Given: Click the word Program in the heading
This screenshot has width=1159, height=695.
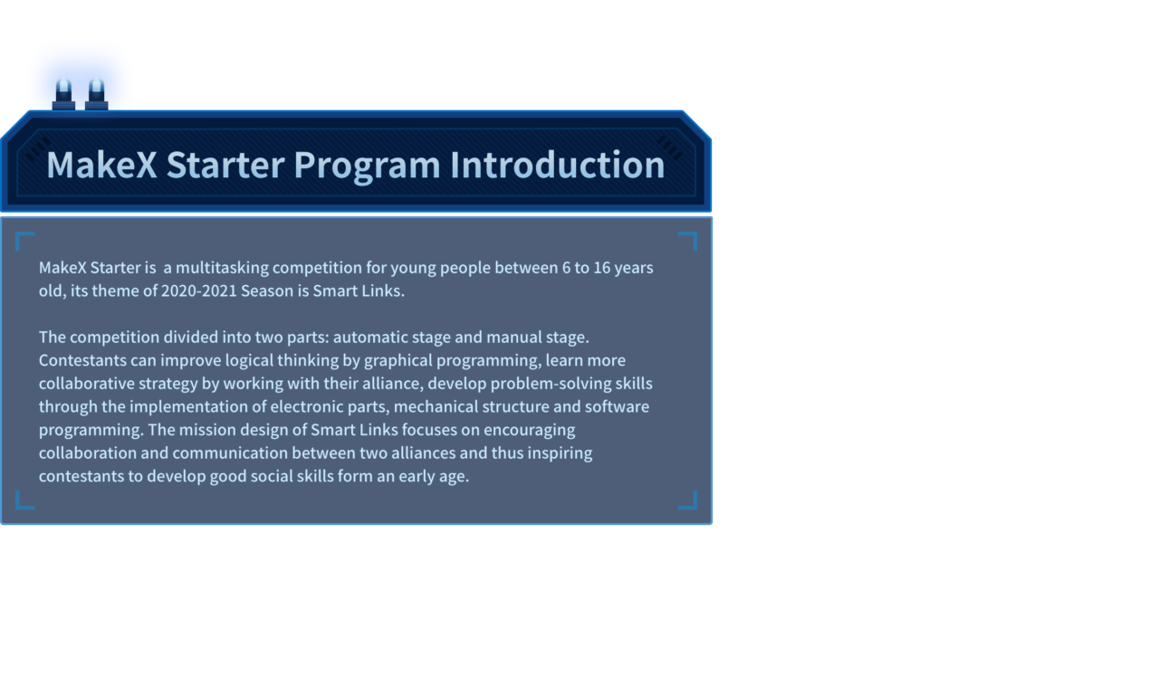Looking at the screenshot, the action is point(367,167).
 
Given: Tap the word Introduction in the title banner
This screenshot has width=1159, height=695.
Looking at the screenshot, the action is point(557,165).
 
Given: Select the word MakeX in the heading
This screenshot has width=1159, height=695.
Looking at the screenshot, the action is point(101,165).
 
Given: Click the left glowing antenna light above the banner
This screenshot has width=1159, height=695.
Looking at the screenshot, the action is point(63,93).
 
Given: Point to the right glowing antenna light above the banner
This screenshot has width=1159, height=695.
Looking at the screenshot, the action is point(97,93).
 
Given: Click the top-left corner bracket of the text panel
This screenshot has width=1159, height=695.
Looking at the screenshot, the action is point(24,241).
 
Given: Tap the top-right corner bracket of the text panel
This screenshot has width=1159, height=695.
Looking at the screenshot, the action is point(688,241).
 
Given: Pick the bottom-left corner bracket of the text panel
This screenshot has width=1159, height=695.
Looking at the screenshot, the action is point(24,500).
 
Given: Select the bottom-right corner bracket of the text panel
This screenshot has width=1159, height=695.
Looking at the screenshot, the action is point(688,500).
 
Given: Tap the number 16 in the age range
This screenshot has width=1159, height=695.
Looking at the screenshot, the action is point(602,268).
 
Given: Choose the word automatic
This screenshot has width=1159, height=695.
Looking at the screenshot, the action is point(370,338).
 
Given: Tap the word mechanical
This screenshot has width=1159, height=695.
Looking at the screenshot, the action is point(436,406).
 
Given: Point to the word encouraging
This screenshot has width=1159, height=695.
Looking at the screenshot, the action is point(530,430).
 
